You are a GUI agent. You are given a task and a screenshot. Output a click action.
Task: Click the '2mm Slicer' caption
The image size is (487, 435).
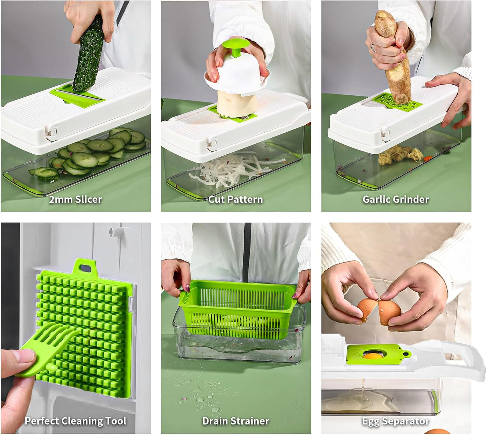pyautogui.click(x=75, y=199)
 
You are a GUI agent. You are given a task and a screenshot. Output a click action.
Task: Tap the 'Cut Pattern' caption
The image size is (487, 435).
pyautogui.click(x=235, y=199)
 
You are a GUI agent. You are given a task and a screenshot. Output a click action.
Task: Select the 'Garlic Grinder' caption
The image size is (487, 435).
pyautogui.click(x=396, y=199)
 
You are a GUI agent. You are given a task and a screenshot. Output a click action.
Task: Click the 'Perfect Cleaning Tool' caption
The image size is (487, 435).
pyautogui.click(x=75, y=421)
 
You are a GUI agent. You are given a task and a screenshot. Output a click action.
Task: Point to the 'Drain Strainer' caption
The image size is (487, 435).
pyautogui.click(x=236, y=421)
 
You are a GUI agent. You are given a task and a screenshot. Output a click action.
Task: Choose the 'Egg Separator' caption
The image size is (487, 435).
pyautogui.click(x=396, y=421)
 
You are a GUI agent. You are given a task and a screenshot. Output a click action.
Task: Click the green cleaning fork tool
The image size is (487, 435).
pyautogui.click(x=47, y=350)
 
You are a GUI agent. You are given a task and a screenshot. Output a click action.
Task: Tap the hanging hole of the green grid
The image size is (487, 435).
pyautogui.click(x=85, y=268)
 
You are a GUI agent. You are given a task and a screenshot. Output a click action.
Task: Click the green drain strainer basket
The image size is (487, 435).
pyautogui.click(x=238, y=310)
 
